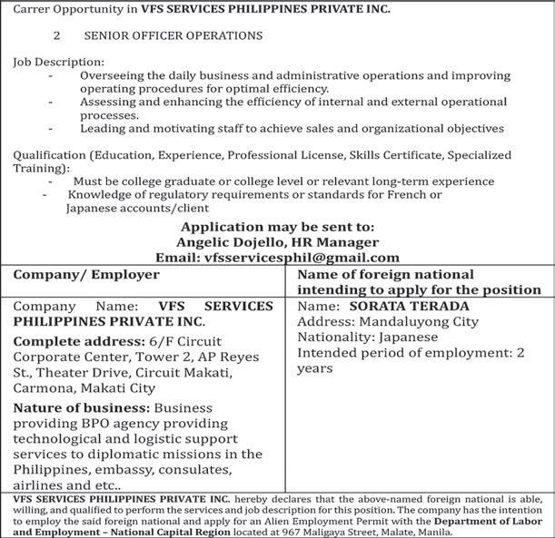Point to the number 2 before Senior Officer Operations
[56, 36]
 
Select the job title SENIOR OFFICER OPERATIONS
[173, 36]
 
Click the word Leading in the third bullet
[104, 129]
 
